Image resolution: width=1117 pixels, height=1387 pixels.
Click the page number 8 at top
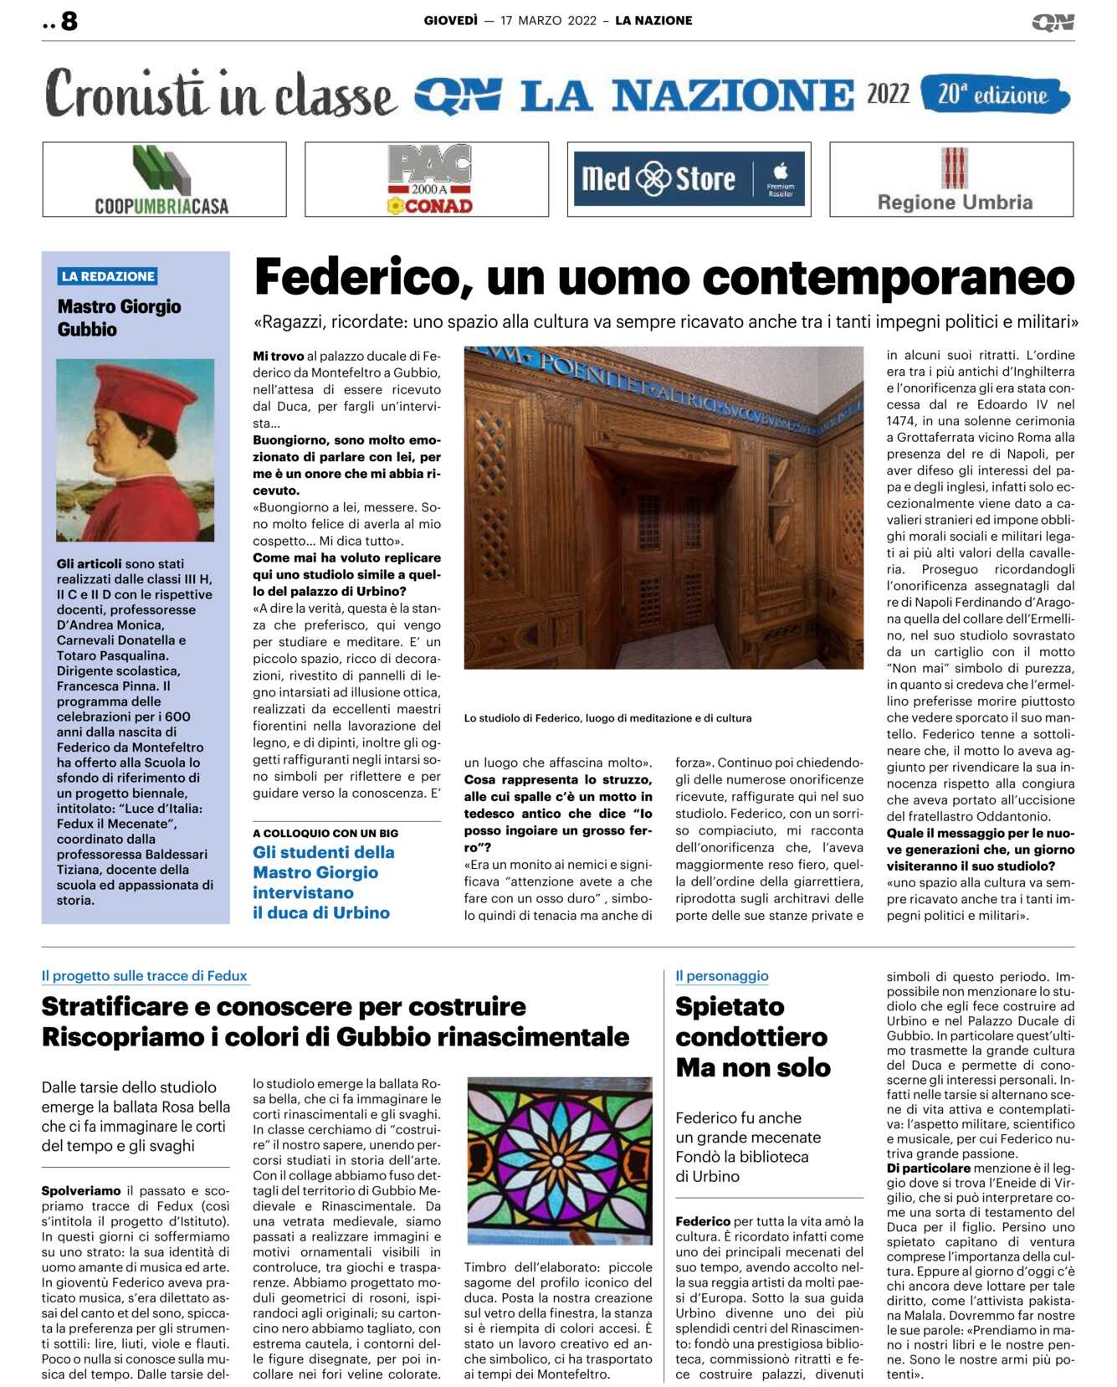coord(69,21)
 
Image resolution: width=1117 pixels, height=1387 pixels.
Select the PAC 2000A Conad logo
coord(429,179)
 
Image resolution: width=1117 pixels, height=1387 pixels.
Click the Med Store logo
coord(689,179)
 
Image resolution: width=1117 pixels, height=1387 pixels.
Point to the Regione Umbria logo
coord(954,179)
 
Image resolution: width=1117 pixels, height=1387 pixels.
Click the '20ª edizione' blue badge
coord(994,95)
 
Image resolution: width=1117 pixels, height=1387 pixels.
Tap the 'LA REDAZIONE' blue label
coord(108,276)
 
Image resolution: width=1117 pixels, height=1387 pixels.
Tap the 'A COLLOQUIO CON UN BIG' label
coord(325,833)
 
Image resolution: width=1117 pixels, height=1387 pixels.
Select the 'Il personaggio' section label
coord(721,976)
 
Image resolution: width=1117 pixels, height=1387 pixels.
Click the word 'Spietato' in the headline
coord(730,1006)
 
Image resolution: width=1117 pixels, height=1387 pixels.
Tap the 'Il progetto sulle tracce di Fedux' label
coord(144,976)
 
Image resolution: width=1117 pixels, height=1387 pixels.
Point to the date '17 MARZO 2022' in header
coord(548,21)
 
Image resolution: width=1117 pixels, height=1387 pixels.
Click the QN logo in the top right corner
coord(1053,23)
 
